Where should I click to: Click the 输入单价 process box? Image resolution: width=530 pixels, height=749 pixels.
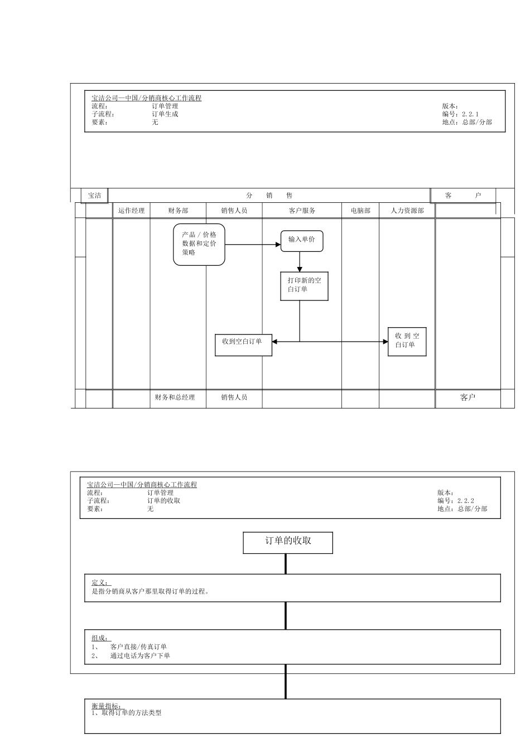(x=302, y=241)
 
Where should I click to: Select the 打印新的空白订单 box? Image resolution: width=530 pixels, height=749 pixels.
(x=304, y=286)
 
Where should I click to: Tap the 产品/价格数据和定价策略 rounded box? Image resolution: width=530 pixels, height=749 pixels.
(x=199, y=245)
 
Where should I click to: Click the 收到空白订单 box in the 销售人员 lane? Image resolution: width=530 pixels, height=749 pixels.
(x=243, y=345)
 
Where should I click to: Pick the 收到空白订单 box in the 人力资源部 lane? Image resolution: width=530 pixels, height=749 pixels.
(x=407, y=342)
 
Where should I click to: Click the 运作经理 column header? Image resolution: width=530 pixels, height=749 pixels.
(x=131, y=211)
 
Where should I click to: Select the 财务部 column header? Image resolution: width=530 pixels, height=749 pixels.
(x=178, y=211)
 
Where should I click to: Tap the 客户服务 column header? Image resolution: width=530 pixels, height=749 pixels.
(x=302, y=211)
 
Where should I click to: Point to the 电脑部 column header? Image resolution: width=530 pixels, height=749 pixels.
(x=360, y=211)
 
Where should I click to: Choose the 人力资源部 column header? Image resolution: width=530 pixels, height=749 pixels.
(x=407, y=211)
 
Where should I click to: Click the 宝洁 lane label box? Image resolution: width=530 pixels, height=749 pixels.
(x=94, y=196)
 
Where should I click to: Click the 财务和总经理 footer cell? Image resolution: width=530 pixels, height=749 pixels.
(x=175, y=397)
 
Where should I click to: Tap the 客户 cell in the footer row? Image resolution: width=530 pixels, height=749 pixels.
(x=468, y=397)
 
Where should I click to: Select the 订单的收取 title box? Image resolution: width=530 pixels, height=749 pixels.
(x=288, y=543)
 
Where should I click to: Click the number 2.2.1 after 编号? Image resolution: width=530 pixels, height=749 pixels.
(x=470, y=114)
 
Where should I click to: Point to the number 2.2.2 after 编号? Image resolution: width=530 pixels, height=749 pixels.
(x=466, y=501)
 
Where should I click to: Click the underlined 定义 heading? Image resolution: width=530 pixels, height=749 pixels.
(x=101, y=582)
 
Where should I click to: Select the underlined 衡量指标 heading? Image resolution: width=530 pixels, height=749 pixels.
(x=108, y=706)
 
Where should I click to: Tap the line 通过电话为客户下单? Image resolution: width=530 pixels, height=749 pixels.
(x=140, y=656)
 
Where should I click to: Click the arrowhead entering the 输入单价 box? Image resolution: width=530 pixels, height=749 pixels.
(x=278, y=245)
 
